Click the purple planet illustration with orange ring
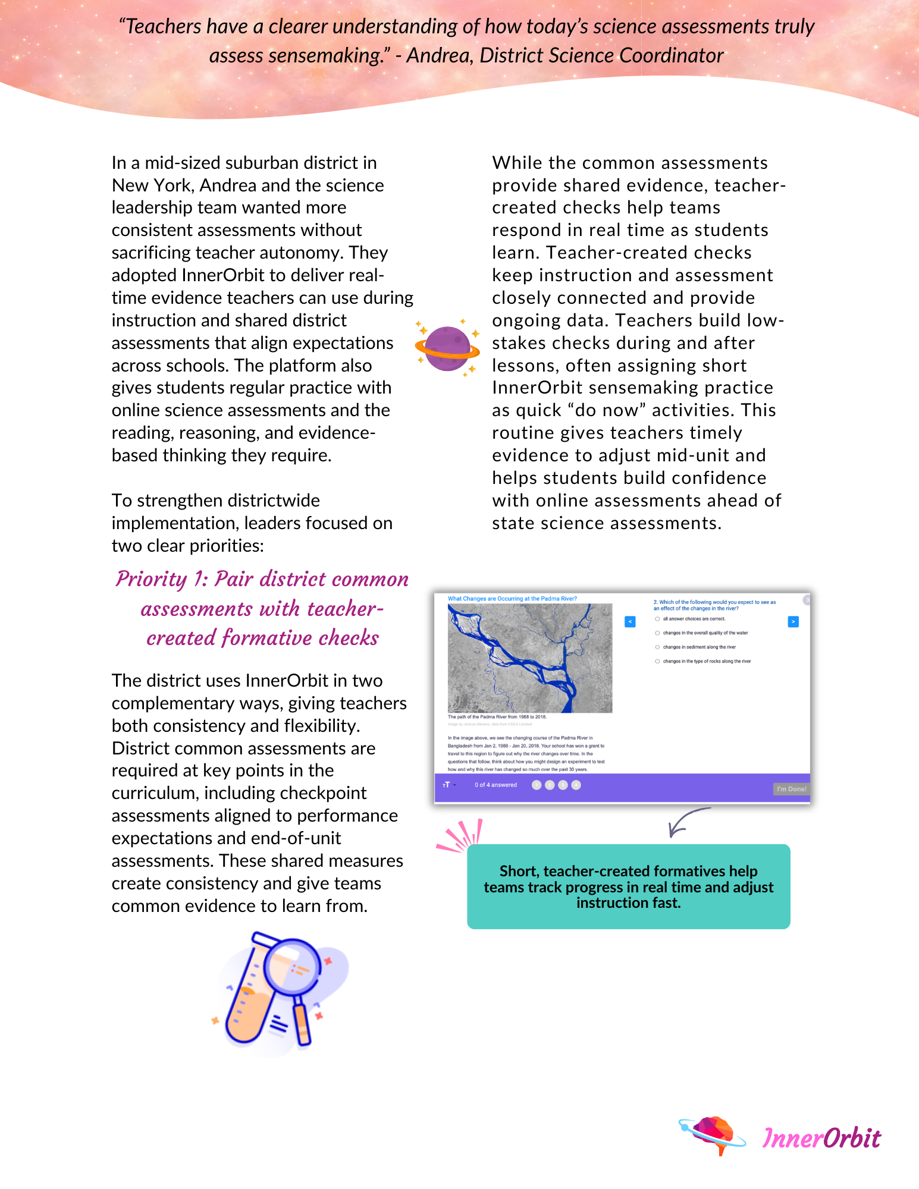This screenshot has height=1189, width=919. pyautogui.click(x=447, y=348)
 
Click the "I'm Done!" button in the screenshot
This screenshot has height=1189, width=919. pyautogui.click(x=791, y=789)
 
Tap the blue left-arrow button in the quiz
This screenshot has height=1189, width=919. pyautogui.click(x=630, y=622)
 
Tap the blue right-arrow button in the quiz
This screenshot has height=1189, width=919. pyautogui.click(x=793, y=622)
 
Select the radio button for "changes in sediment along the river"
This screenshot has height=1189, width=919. pyautogui.click(x=657, y=647)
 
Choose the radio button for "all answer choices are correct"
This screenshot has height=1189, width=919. pyautogui.click(x=657, y=619)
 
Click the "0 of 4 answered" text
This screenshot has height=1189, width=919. pyautogui.click(x=495, y=785)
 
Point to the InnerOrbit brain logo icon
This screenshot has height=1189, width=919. pyautogui.click(x=713, y=1134)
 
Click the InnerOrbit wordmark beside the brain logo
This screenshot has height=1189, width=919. pyautogui.click(x=821, y=1138)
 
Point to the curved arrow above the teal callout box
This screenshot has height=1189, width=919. pyautogui.click(x=685, y=821)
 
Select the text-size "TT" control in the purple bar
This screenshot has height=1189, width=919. pyautogui.click(x=447, y=785)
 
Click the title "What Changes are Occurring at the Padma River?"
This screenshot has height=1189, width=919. pyautogui.click(x=512, y=599)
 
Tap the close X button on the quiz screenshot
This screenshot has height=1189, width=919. pyautogui.click(x=807, y=600)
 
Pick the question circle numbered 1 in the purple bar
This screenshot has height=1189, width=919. pyautogui.click(x=537, y=785)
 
